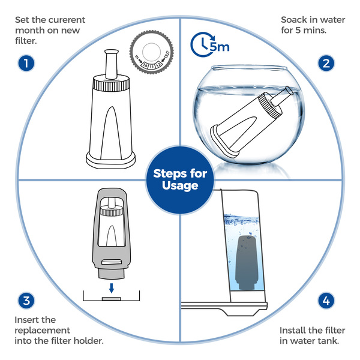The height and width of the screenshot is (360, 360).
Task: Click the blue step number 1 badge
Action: pyautogui.click(x=26, y=63)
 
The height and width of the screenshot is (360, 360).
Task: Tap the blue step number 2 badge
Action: pyautogui.click(x=326, y=63)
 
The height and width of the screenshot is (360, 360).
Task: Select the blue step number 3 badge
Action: pyautogui.click(x=26, y=301)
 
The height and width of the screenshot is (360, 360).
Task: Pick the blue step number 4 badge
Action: pyautogui.click(x=326, y=301)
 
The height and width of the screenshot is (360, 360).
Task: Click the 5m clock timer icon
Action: pyautogui.click(x=209, y=44)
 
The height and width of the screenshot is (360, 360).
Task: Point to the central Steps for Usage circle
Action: pyautogui.click(x=180, y=180)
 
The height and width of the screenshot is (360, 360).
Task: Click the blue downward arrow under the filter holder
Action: pyautogui.click(x=112, y=288)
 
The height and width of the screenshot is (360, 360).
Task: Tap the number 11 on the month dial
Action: pyautogui.click(x=152, y=67)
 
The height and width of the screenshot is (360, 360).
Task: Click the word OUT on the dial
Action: pyautogui.click(x=167, y=55)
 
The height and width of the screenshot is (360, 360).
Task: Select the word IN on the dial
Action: pyautogui.click(x=137, y=57)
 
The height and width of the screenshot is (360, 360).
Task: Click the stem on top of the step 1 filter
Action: pyautogui.click(x=112, y=64)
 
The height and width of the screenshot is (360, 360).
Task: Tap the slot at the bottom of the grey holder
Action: pyautogui.click(x=112, y=262)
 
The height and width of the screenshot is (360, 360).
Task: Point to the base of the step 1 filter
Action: pyautogui.click(x=110, y=160)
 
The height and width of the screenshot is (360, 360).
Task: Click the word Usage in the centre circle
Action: pyautogui.click(x=180, y=186)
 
